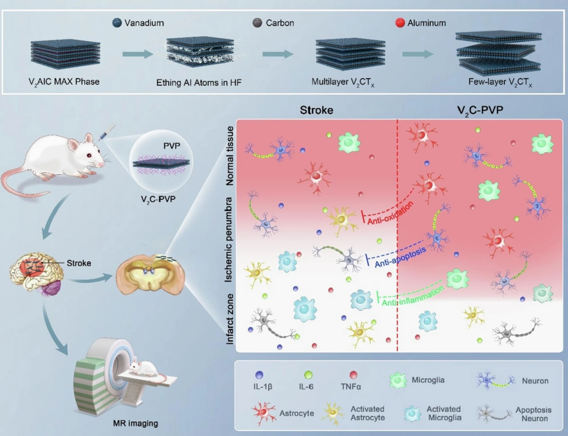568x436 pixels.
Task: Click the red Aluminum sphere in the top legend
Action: click(x=400, y=23)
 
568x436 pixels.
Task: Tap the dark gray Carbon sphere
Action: click(x=257, y=23)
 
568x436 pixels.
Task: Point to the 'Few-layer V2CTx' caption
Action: click(x=500, y=83)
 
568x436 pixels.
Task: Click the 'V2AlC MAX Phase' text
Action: click(x=64, y=82)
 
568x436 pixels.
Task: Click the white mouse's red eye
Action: click(x=90, y=155)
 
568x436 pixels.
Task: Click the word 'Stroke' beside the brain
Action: click(x=78, y=263)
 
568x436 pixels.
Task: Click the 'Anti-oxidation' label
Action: click(x=390, y=211)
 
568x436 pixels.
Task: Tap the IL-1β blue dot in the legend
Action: click(x=259, y=375)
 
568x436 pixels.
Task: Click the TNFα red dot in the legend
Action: click(x=353, y=375)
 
